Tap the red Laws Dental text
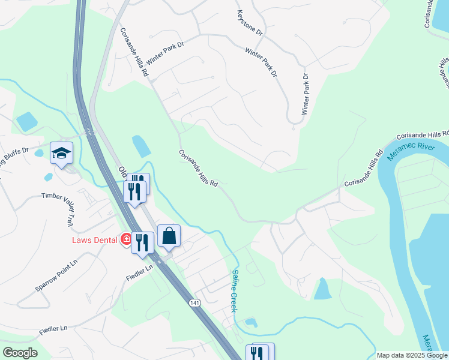94,240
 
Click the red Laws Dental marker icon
127,239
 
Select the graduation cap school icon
61,154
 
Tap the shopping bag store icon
169,236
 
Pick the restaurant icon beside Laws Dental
143,243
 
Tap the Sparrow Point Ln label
56,276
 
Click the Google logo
20,352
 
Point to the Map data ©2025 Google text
412,355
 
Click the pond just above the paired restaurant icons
142,146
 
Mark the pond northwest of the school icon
27,122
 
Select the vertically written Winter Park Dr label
305,94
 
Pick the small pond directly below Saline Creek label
251,323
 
